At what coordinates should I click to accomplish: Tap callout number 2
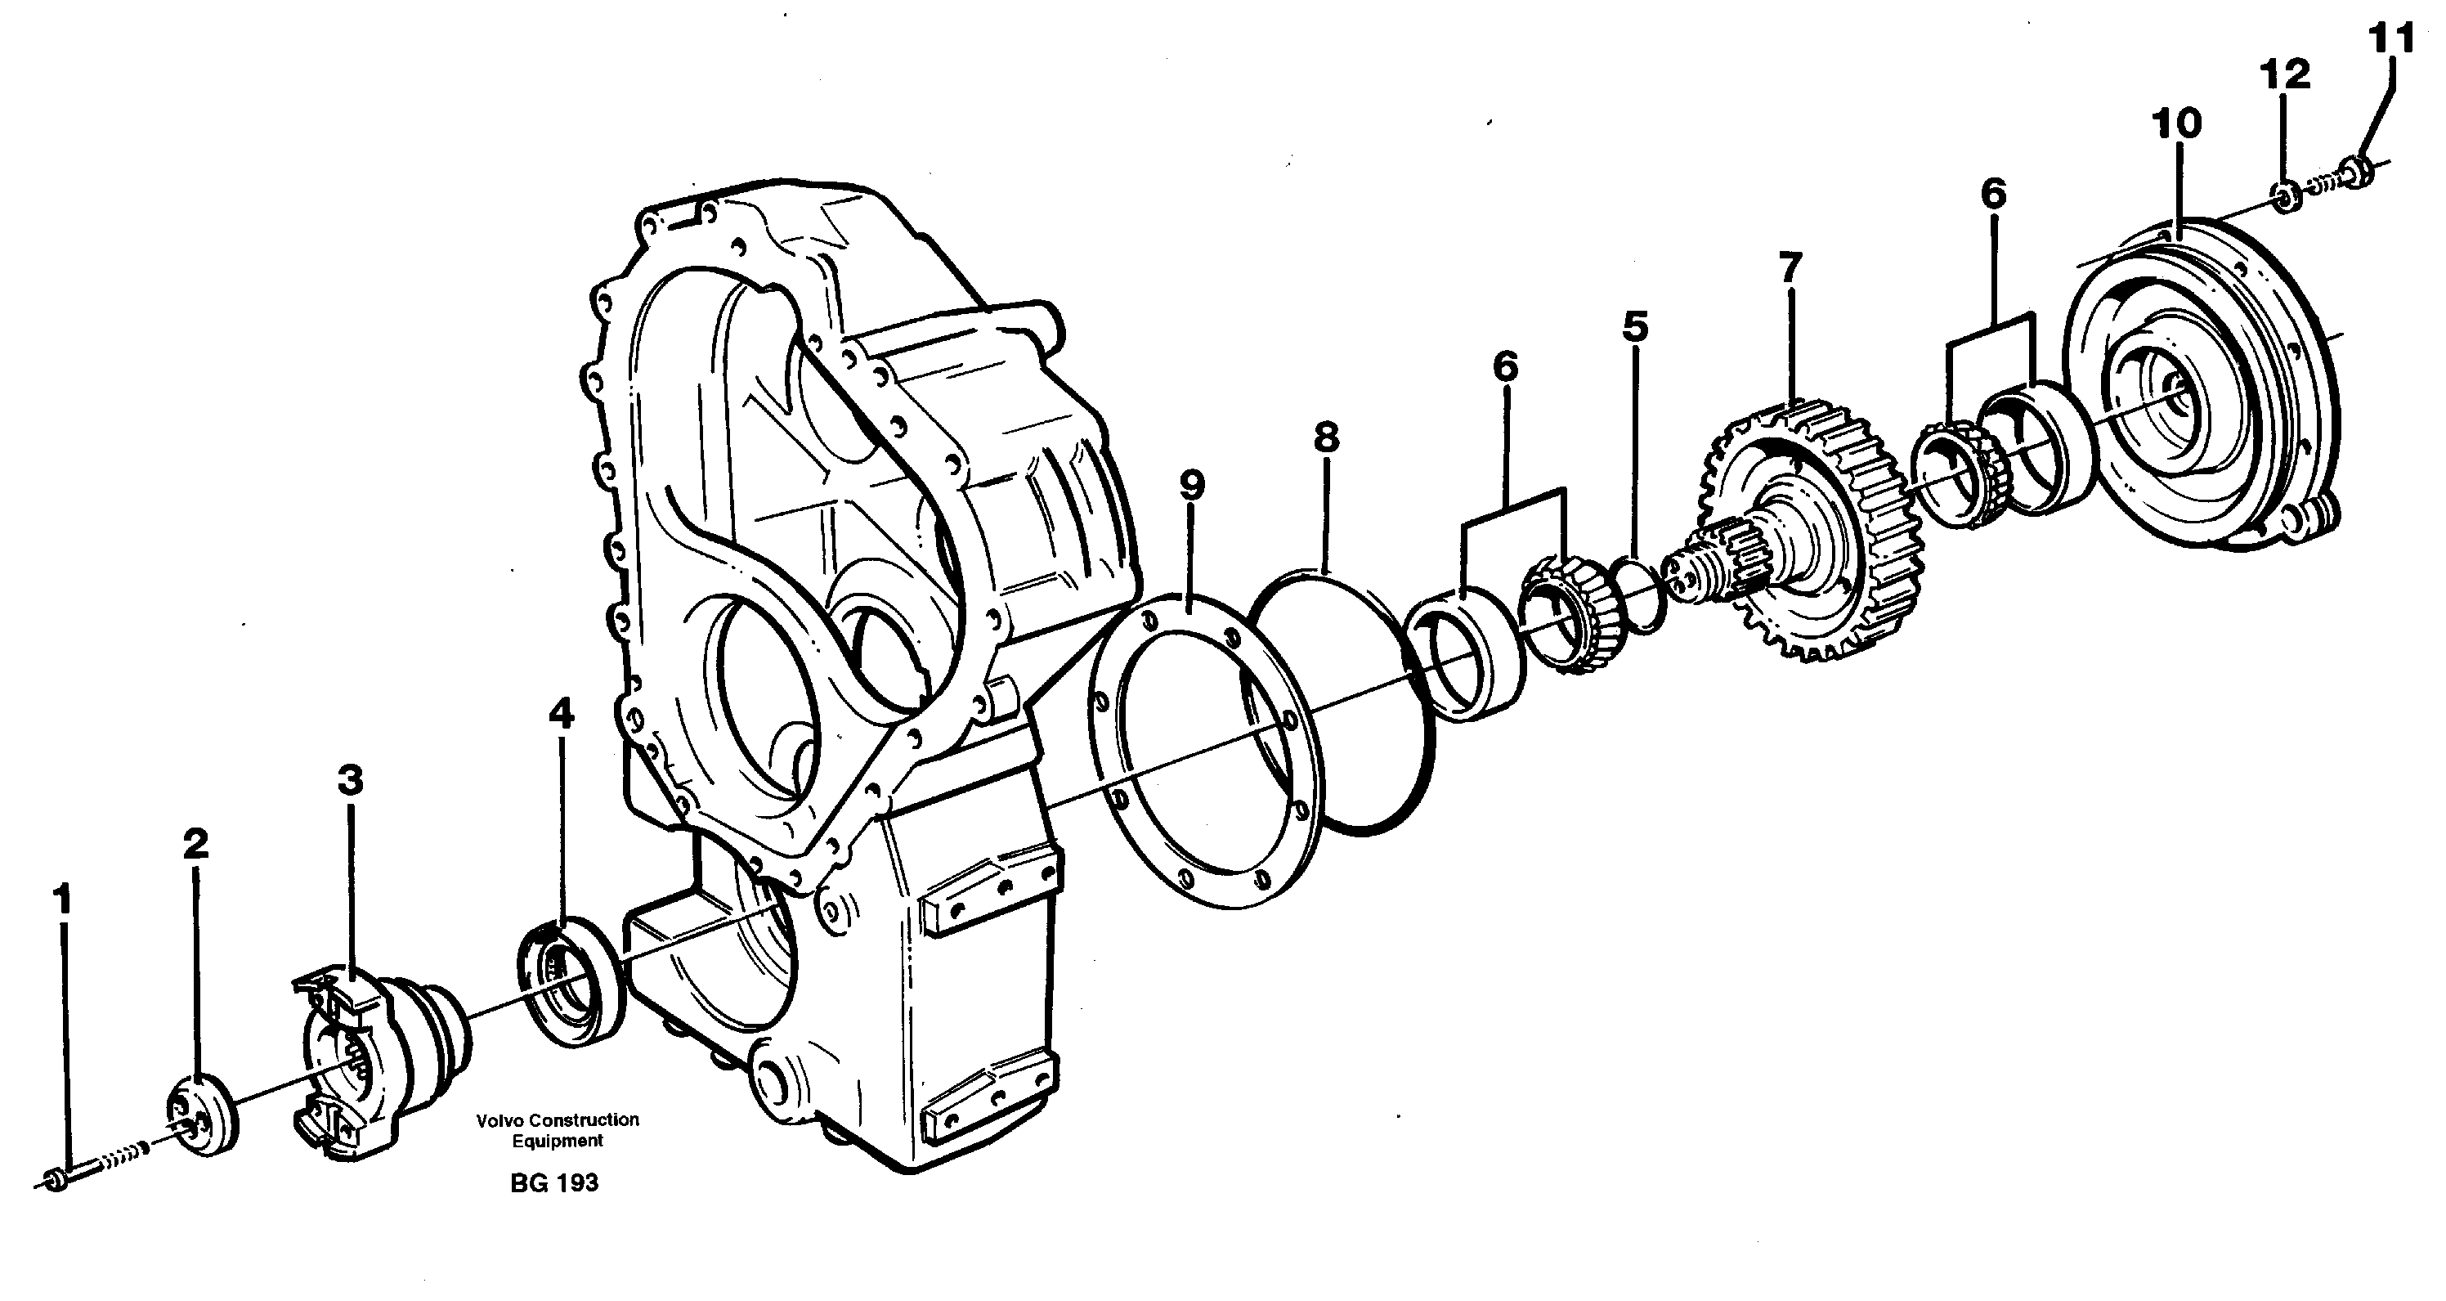195,843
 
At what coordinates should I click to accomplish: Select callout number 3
351,781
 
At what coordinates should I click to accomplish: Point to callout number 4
561,713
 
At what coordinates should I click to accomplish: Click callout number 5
1634,325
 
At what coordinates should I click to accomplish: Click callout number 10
2176,123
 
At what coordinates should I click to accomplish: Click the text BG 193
553,1183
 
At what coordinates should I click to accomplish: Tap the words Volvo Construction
558,1120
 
